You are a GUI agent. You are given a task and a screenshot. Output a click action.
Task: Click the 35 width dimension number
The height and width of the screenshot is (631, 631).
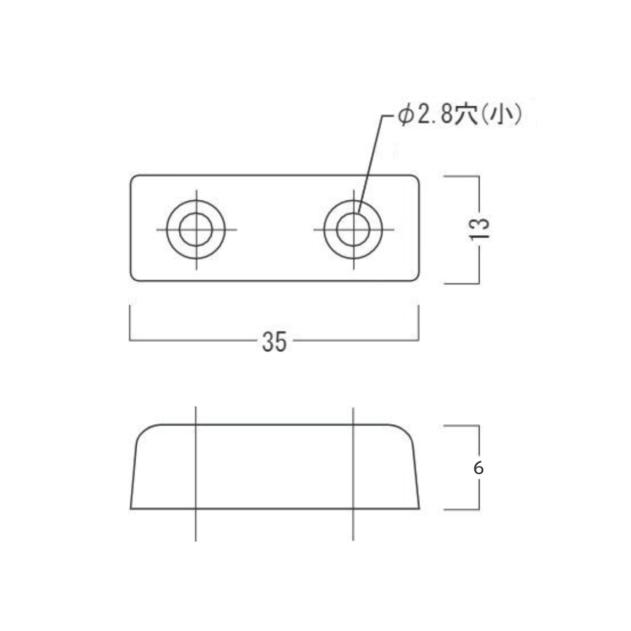[274, 342]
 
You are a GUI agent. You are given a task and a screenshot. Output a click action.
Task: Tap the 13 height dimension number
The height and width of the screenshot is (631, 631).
[480, 229]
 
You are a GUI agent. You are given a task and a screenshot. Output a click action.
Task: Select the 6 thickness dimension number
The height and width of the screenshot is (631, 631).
[479, 469]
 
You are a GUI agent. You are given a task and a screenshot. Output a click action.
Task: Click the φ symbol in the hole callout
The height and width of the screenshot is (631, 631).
[404, 116]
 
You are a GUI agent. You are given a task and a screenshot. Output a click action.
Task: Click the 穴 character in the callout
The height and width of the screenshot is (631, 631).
[464, 116]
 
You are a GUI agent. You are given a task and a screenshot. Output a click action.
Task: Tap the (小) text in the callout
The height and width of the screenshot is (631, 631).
[502, 116]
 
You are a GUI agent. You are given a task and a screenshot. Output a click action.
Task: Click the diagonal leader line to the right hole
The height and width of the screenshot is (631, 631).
[370, 165]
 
